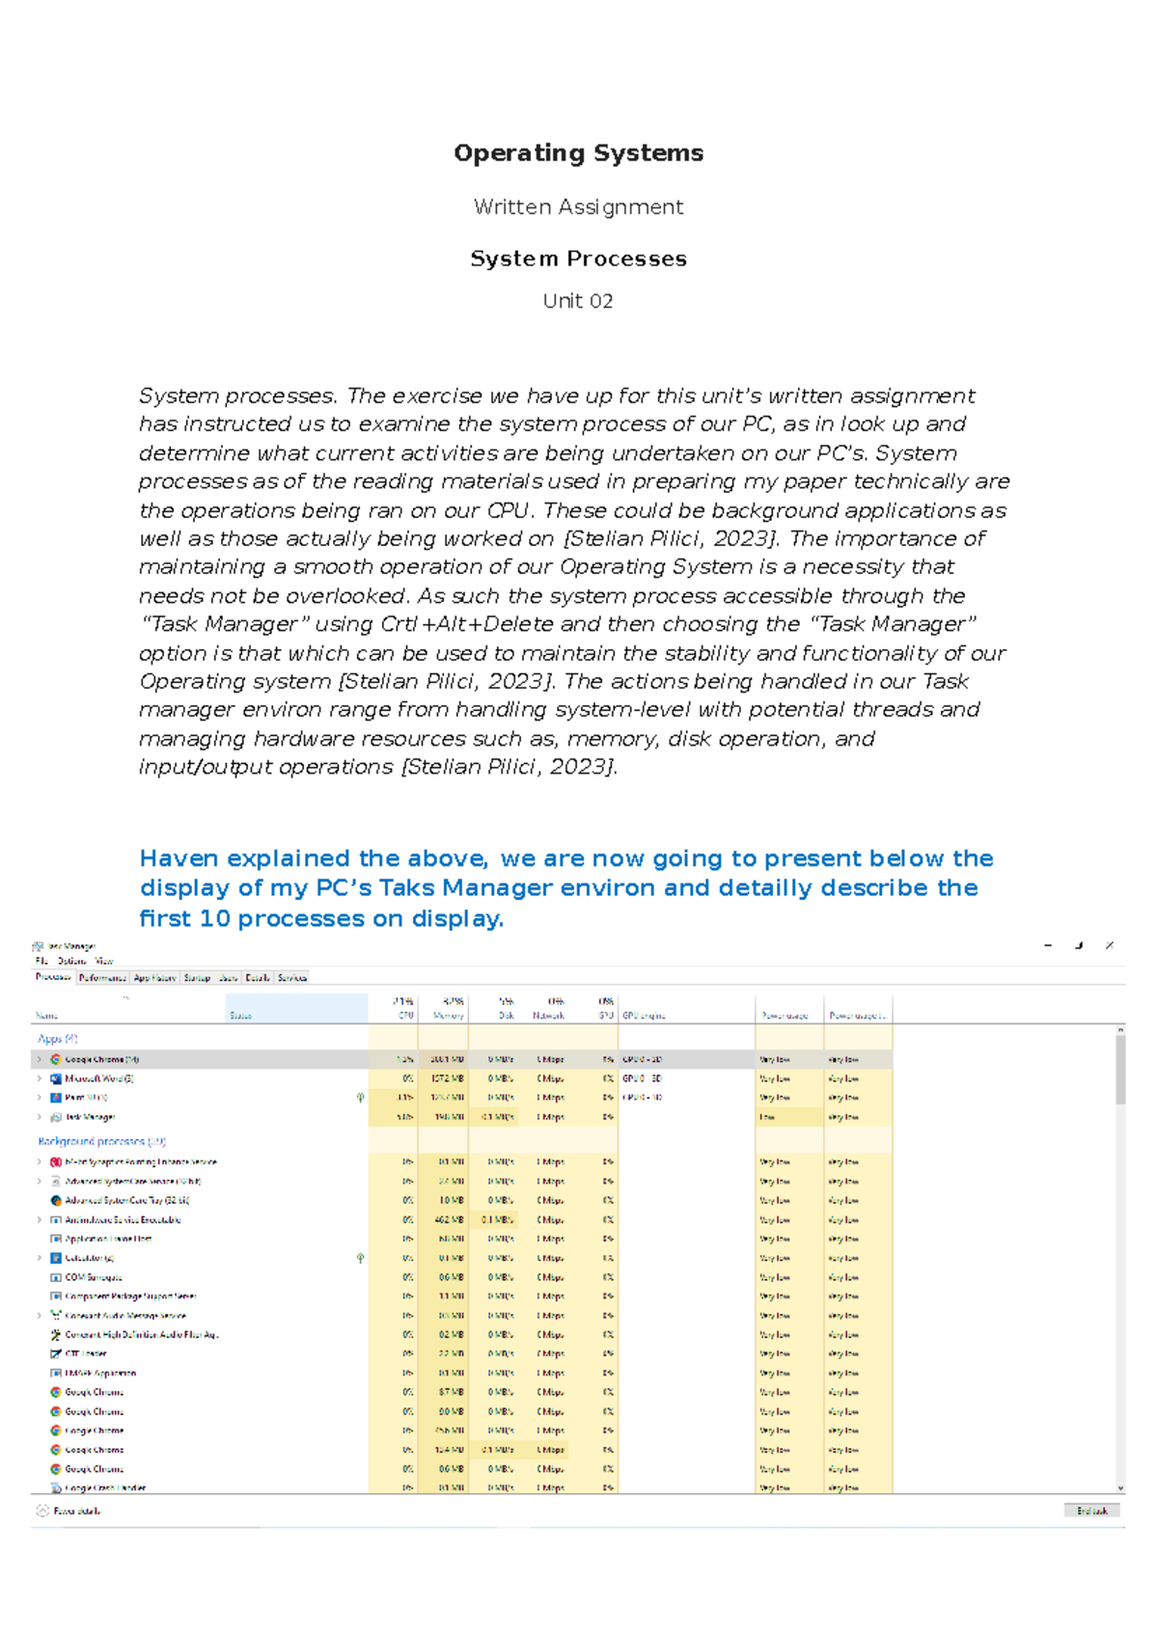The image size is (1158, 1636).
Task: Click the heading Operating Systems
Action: pyautogui.click(x=578, y=153)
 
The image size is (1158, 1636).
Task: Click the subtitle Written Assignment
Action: pyautogui.click(x=578, y=207)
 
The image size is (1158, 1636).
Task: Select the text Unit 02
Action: pyautogui.click(x=577, y=301)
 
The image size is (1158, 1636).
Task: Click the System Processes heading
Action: pyautogui.click(x=578, y=259)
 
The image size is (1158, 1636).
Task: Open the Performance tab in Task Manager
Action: pyautogui.click(x=102, y=977)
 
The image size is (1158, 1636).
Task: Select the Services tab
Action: pyautogui.click(x=291, y=977)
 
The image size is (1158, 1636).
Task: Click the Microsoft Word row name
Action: pyautogui.click(x=98, y=1078)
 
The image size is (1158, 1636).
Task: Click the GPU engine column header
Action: pyautogui.click(x=644, y=1015)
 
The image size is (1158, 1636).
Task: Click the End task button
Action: pyautogui.click(x=1091, y=1511)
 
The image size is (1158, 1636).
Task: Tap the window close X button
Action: pyautogui.click(x=1110, y=945)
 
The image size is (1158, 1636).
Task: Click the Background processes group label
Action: pyautogui.click(x=101, y=1141)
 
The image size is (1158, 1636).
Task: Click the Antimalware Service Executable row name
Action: pyautogui.click(x=123, y=1219)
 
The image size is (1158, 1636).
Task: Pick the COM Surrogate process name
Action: pyautogui.click(x=94, y=1277)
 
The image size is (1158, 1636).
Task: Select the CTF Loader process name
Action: pyautogui.click(x=86, y=1353)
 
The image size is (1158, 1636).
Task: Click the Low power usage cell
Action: pyautogui.click(x=767, y=1117)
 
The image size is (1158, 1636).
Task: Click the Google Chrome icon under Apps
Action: pyautogui.click(x=55, y=1059)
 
